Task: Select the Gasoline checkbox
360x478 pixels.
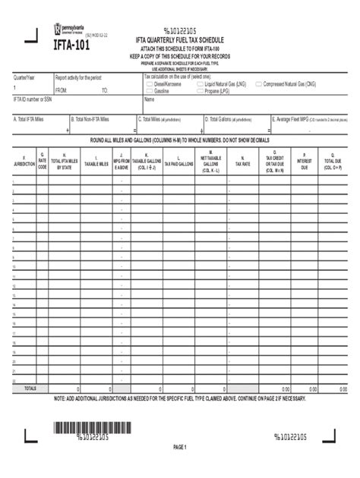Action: (x=149, y=90)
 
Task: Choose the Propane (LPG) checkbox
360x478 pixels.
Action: (x=200, y=90)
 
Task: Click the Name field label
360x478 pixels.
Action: (x=149, y=99)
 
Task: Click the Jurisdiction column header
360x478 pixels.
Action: (x=24, y=162)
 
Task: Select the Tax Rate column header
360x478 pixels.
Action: (x=242, y=162)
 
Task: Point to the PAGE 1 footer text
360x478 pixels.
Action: (x=179, y=448)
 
